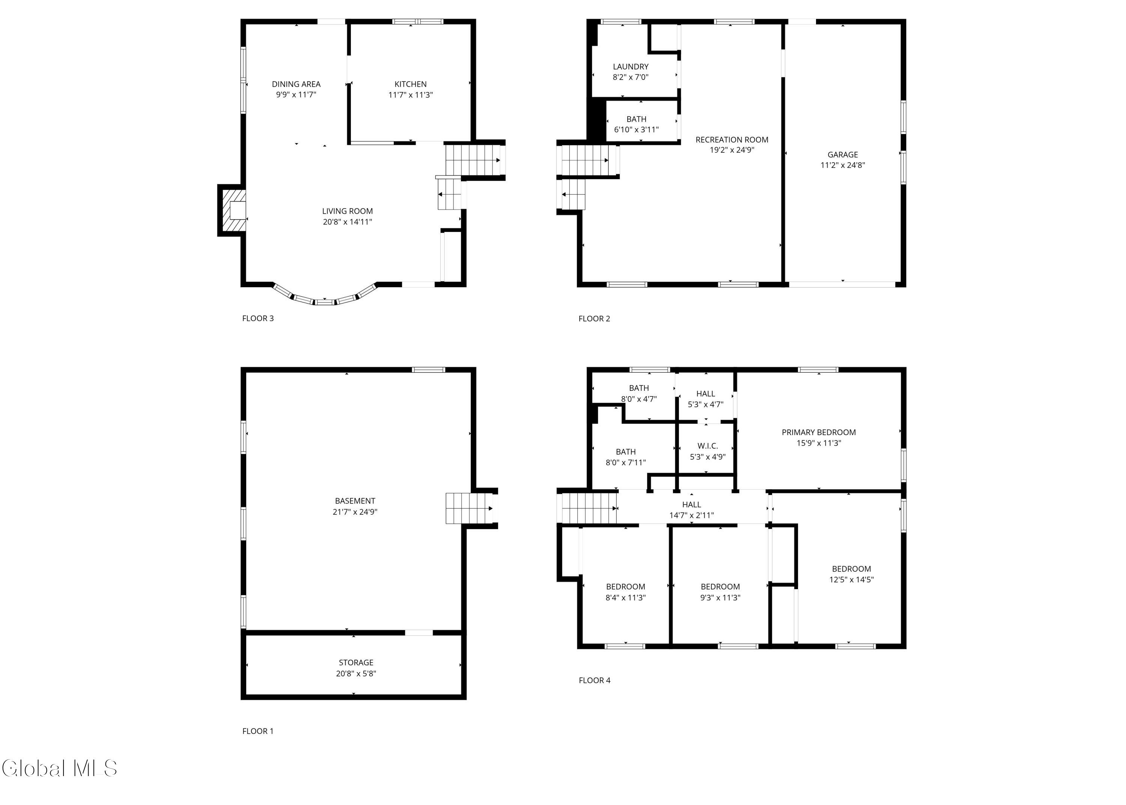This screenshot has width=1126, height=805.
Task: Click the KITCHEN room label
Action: click(x=410, y=84)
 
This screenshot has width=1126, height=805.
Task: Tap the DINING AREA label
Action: click(x=296, y=84)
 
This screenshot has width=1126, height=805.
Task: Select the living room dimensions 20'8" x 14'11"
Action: click(x=347, y=222)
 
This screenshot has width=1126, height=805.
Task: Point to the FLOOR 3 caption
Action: click(x=257, y=318)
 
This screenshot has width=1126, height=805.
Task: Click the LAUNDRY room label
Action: click(x=631, y=66)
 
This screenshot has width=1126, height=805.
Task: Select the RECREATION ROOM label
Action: click(x=732, y=140)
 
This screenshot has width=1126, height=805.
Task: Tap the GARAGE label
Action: click(x=843, y=155)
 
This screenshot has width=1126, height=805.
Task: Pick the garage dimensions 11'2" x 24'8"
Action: click(x=843, y=166)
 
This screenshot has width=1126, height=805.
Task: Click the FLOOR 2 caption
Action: click(x=594, y=319)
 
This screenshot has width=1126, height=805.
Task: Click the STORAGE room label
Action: click(x=356, y=663)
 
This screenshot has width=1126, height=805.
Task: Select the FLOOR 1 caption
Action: click(x=257, y=731)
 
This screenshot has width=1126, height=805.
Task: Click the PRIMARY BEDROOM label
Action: click(x=818, y=432)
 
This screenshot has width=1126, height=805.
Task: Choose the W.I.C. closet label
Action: click(x=708, y=446)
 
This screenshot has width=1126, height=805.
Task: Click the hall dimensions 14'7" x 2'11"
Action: click(x=691, y=516)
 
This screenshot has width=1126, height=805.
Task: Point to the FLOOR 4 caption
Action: click(x=595, y=681)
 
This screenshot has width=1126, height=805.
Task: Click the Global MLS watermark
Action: click(x=59, y=768)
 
